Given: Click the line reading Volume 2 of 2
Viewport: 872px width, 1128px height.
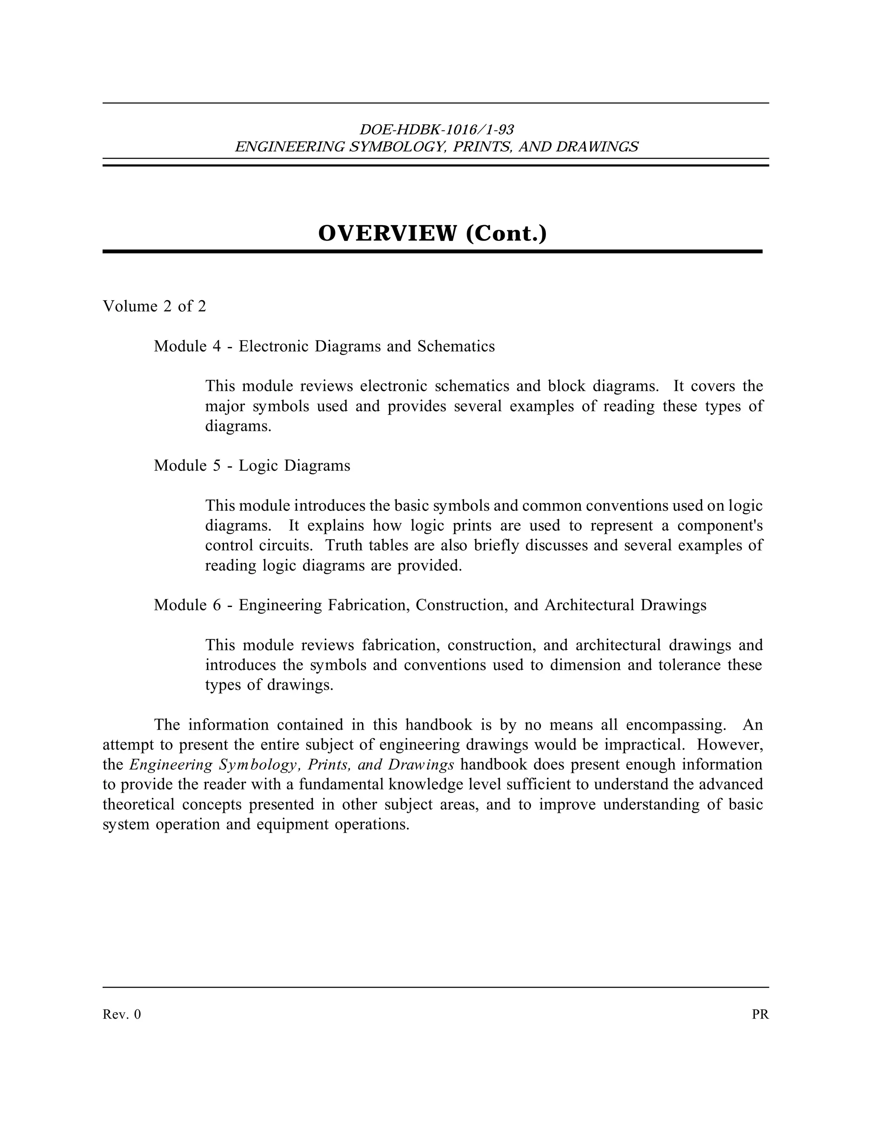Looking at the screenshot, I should click(x=155, y=306).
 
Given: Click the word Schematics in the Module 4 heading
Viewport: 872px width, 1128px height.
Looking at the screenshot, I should click(x=456, y=346).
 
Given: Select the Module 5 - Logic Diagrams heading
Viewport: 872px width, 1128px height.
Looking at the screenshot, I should click(x=252, y=465).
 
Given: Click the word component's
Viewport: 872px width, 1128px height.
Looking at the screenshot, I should click(x=720, y=526).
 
